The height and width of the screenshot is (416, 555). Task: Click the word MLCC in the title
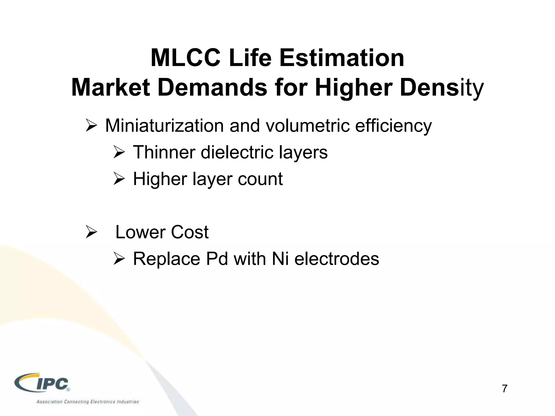tap(185, 58)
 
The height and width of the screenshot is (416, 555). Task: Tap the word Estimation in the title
tap(342, 58)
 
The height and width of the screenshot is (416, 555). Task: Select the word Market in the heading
tap(110, 88)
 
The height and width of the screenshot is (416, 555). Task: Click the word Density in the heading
tap(441, 88)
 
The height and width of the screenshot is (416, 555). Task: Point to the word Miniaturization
tap(164, 126)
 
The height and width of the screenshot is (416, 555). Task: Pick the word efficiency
tap(393, 126)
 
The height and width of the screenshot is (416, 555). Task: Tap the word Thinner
tap(164, 152)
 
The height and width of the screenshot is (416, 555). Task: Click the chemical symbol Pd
tap(217, 259)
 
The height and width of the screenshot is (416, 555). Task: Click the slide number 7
tap(504, 389)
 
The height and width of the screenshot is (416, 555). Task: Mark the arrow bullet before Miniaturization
tap(91, 126)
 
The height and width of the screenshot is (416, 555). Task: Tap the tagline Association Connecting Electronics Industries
tap(88, 402)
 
